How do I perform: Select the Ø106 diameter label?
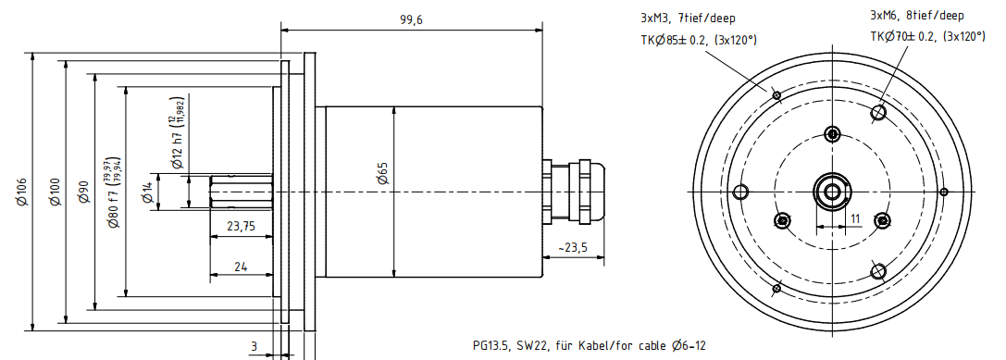click(x=22, y=192)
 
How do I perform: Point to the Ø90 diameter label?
click(x=84, y=192)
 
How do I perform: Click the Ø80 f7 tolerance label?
click(x=114, y=192)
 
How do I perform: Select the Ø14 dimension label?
click(x=148, y=192)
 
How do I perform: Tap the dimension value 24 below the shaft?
click(x=241, y=267)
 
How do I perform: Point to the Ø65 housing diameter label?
click(x=383, y=173)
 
